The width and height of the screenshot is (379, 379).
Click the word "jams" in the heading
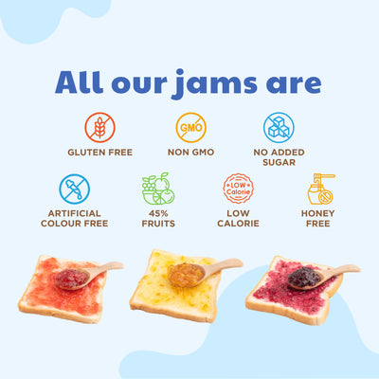(x=211, y=82)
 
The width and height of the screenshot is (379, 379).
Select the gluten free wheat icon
(x=99, y=127)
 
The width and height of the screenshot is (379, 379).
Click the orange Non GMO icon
(x=189, y=127)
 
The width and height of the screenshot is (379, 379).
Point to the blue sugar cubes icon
(x=280, y=127)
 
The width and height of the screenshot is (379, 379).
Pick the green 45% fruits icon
(x=157, y=188)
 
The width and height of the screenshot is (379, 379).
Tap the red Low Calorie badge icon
(x=237, y=188)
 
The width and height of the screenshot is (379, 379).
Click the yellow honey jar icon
(x=320, y=189)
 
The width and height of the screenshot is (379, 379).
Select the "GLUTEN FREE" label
(x=99, y=152)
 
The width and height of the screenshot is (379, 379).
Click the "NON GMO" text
(x=190, y=152)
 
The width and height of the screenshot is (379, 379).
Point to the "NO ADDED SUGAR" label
(x=280, y=156)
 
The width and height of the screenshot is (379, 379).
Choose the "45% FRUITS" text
(x=157, y=217)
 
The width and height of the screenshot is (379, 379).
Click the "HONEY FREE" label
(x=319, y=217)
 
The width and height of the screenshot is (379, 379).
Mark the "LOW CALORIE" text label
(x=238, y=217)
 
